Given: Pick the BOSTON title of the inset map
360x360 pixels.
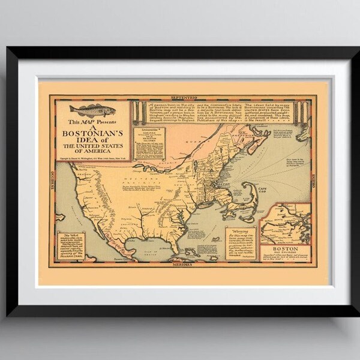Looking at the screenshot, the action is [285, 247].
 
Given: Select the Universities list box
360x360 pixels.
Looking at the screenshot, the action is [150, 142].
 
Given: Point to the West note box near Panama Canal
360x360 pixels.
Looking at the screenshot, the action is [73, 243].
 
